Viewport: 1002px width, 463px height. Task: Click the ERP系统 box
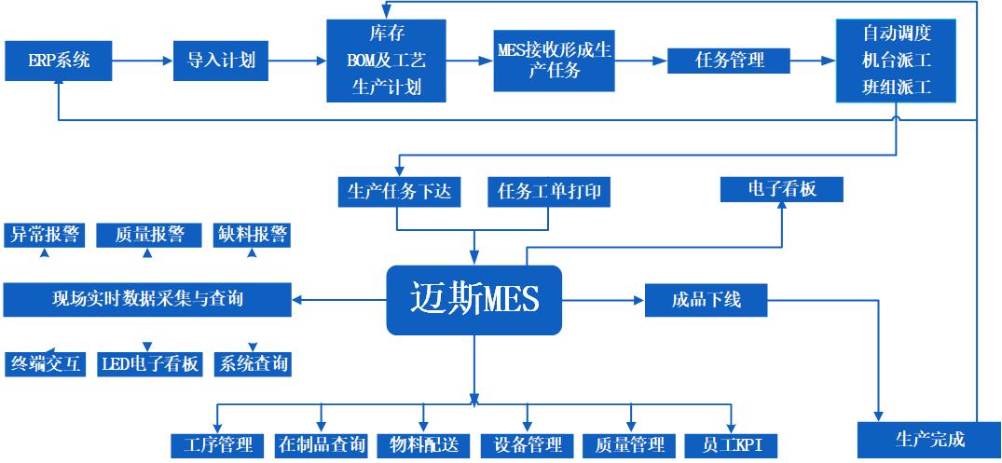pos(59,61)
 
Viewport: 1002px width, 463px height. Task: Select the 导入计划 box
pos(214,61)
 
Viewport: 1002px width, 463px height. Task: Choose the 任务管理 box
pos(730,61)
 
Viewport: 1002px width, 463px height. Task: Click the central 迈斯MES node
pos(474,300)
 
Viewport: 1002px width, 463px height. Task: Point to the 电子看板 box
pos(781,188)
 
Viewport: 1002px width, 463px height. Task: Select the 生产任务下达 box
pos(397,191)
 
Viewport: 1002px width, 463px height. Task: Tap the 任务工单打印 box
pos(549,191)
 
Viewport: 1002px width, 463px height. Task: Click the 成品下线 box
pos(706,301)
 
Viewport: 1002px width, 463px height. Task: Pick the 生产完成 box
pos(929,439)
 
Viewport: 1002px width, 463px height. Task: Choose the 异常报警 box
pos(44,235)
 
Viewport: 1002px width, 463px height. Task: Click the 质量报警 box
pos(148,235)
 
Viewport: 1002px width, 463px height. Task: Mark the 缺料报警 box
pos(252,235)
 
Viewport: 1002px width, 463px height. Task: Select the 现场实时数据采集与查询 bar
pos(147,299)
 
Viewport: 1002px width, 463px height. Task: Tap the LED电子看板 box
pos(149,364)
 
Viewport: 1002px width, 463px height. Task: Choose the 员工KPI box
pos(730,444)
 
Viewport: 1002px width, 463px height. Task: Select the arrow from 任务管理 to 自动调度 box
pos(812,61)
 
